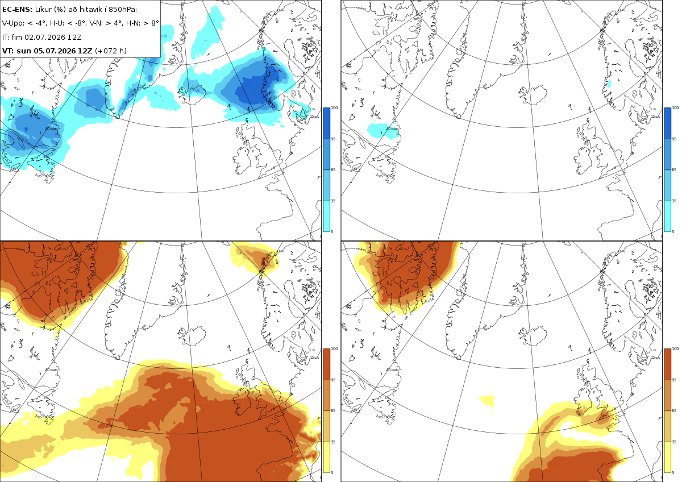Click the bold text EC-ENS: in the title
(17, 10)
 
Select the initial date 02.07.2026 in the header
(45, 37)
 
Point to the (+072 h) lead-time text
(111, 51)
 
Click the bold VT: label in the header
(8, 51)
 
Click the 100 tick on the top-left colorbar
(334, 108)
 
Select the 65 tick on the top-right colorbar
(674, 169)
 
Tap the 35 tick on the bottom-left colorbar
(333, 442)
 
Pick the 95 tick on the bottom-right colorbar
(674, 380)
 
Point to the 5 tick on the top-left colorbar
(332, 231)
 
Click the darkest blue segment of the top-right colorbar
(667, 123)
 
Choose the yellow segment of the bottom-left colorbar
(326, 457)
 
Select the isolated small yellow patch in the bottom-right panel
(488, 400)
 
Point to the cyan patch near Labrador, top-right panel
(383, 131)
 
